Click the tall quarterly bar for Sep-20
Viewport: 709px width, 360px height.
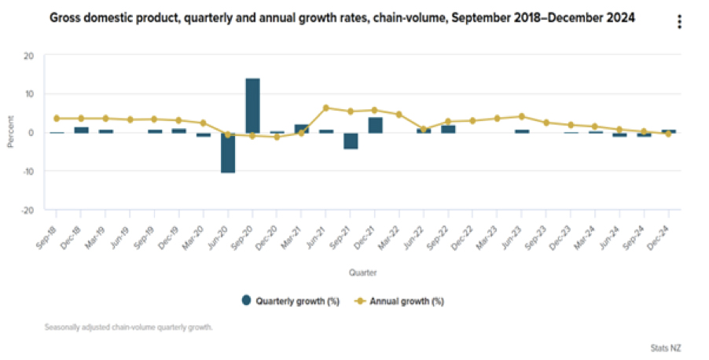(x=252, y=105)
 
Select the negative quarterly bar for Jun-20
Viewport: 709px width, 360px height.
(x=228, y=152)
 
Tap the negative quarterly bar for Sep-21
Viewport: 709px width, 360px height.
(x=351, y=141)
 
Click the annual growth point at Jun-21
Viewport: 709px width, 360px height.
(x=325, y=108)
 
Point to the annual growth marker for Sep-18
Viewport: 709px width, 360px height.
(x=57, y=119)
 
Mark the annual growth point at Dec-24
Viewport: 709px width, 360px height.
(x=668, y=134)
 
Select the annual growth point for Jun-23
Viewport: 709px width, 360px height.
(x=521, y=116)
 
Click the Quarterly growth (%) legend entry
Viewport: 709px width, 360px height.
(x=291, y=299)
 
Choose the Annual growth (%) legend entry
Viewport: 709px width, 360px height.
(x=406, y=299)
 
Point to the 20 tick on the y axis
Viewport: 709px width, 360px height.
(x=29, y=56)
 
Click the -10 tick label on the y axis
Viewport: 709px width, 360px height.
(x=28, y=171)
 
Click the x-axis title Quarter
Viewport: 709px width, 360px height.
(x=362, y=273)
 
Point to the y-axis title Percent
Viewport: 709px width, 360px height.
(x=11, y=133)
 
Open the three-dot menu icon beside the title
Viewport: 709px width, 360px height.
(x=679, y=22)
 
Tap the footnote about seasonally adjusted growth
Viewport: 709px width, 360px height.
(x=130, y=326)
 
